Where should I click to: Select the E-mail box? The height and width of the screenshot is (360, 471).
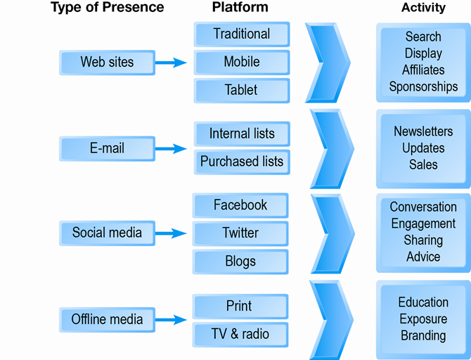[x=107, y=148]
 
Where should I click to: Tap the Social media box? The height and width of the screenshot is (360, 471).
[x=107, y=233]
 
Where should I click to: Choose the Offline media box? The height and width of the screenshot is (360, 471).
[x=107, y=319]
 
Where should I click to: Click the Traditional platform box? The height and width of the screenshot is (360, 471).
[x=241, y=34]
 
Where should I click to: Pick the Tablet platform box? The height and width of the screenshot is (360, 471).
[x=241, y=90]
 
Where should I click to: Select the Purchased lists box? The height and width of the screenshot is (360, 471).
[x=241, y=162]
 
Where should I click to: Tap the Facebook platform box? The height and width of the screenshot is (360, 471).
[x=240, y=205]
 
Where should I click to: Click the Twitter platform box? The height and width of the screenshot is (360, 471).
[x=240, y=233]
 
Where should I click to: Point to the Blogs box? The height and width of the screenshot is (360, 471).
[x=240, y=262]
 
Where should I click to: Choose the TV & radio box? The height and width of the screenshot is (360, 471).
[x=240, y=333]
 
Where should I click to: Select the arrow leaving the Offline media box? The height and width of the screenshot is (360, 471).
[x=171, y=320]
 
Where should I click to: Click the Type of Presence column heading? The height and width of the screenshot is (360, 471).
[x=107, y=8]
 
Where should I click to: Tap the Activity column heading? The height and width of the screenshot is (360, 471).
[x=423, y=8]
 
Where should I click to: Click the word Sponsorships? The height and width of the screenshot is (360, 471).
[x=423, y=87]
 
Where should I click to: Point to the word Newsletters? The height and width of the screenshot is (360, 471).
[x=423, y=131]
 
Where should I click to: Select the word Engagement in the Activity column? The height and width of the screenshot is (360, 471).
[x=423, y=224]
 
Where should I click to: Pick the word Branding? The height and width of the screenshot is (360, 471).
[x=423, y=336]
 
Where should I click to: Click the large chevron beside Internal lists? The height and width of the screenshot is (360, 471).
[x=329, y=147]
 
